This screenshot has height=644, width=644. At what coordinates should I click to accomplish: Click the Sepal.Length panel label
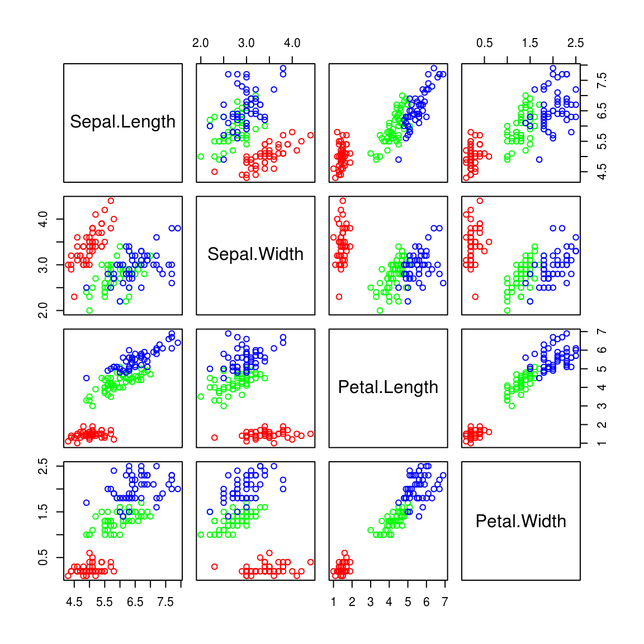pyautogui.click(x=122, y=122)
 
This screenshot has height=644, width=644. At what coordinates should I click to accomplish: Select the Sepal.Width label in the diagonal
pyautogui.click(x=255, y=254)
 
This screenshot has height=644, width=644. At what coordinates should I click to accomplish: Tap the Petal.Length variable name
pyautogui.click(x=388, y=387)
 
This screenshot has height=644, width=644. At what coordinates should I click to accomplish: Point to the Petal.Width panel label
pyautogui.click(x=520, y=521)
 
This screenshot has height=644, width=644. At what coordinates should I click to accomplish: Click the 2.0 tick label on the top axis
pyautogui.click(x=200, y=43)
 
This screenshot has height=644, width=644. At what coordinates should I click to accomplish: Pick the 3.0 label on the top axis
pyautogui.click(x=246, y=43)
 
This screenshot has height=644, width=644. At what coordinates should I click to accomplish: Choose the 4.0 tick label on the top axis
pyautogui.click(x=292, y=43)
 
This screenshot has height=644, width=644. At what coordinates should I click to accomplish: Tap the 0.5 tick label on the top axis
pyautogui.click(x=484, y=43)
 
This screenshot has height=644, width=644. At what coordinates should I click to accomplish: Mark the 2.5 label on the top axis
pyautogui.click(x=575, y=43)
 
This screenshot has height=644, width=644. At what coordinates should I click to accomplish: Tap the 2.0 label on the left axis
pyautogui.click(x=43, y=310)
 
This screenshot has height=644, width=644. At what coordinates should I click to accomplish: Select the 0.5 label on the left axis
pyautogui.click(x=43, y=557)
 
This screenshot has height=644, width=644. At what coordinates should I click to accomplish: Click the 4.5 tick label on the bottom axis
pyautogui.click(x=74, y=602)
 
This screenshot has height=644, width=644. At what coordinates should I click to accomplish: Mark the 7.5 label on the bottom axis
pyautogui.click(x=165, y=602)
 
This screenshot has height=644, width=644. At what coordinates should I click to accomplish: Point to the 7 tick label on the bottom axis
pyautogui.click(x=445, y=602)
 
